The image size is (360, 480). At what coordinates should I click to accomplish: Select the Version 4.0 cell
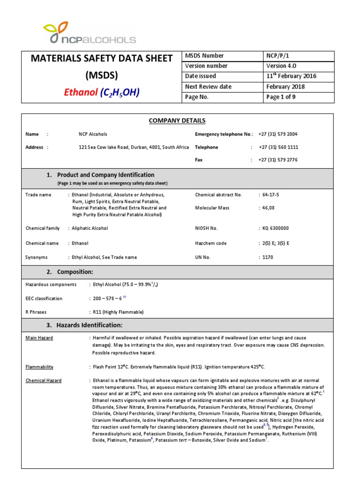pos(281,66)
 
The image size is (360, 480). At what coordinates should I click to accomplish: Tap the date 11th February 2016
pos(291,76)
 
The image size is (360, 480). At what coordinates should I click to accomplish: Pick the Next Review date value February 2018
pos(285,87)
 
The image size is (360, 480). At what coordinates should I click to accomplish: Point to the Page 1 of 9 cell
pos(281,97)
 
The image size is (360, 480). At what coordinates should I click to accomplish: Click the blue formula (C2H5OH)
pos(119,93)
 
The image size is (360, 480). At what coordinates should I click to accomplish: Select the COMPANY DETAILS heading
pos(177,121)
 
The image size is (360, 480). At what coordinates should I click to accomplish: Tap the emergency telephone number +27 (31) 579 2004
pos(278,134)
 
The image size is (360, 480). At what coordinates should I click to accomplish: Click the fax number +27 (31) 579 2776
pos(278,160)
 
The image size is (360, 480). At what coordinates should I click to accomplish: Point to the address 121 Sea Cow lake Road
pos(106,147)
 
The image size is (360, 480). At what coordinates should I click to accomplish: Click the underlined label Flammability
pos(39,367)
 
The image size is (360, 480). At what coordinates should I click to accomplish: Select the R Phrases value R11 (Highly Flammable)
pos(118,312)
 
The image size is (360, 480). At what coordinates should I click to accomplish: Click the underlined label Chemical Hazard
pos(43,381)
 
